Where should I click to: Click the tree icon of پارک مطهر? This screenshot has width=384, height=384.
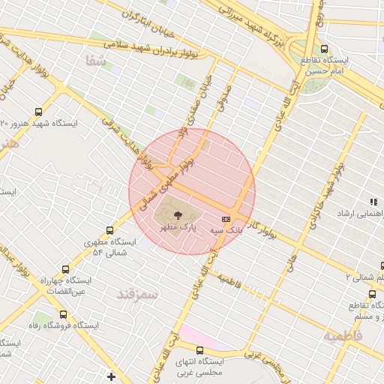point(166,215)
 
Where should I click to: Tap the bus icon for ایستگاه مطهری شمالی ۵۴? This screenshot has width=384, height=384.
point(111,230)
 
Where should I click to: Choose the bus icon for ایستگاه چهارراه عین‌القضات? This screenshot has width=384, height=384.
point(66,268)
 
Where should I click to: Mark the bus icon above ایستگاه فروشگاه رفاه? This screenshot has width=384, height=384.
point(62,315)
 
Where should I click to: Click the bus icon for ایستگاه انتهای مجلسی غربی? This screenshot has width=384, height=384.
point(199,349)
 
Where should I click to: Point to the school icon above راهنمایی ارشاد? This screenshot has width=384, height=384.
point(373,202)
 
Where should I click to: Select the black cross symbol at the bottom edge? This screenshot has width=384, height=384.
point(112,376)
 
